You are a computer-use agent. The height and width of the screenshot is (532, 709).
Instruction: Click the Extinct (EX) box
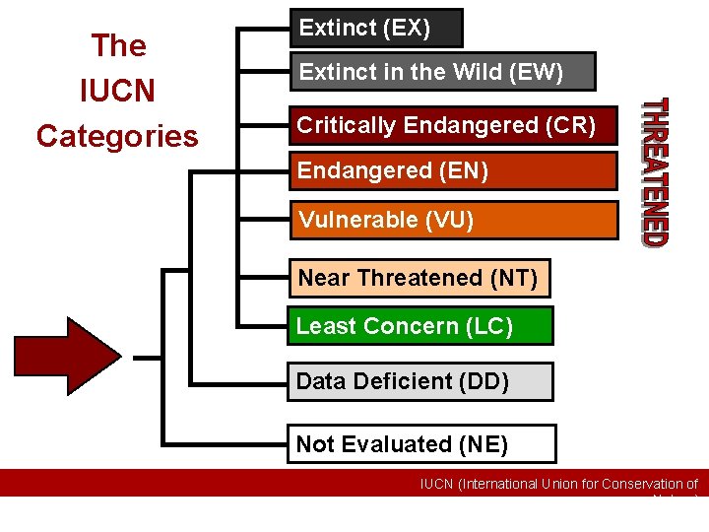[x=374, y=29]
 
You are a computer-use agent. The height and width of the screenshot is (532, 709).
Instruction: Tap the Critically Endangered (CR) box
[x=453, y=125]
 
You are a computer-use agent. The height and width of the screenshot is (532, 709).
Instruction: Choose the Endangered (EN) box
[x=453, y=171]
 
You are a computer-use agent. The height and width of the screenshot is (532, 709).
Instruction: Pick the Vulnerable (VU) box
[x=453, y=220]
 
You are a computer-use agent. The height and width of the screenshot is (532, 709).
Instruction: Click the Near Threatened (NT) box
[x=419, y=279]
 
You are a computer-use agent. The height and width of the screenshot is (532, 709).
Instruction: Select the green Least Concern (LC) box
[x=420, y=326]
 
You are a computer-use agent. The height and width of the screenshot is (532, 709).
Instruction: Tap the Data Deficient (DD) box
[x=420, y=382]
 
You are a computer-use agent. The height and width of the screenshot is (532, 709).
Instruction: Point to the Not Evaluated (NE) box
[x=421, y=444]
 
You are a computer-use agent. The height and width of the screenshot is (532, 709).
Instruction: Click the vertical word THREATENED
[x=656, y=171]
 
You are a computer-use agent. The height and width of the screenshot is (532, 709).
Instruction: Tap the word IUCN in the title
[x=117, y=91]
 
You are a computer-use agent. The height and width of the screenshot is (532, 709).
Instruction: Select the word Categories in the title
[x=117, y=136]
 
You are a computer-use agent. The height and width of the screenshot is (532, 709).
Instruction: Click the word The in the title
[x=118, y=45]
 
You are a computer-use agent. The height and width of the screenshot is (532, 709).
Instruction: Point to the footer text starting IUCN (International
[x=558, y=484]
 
